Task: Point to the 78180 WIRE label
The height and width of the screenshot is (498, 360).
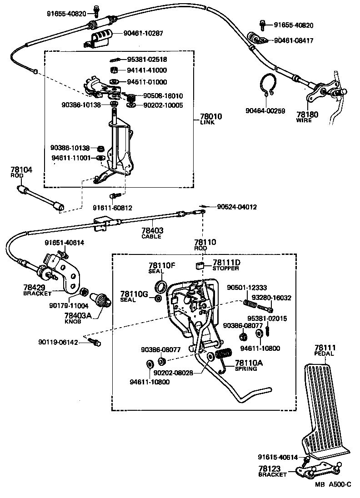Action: tap(307, 117)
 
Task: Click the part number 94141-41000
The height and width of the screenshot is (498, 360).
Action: tap(146, 70)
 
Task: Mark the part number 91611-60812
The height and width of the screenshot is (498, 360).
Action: tap(112, 208)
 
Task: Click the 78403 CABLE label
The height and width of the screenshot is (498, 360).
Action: tap(152, 233)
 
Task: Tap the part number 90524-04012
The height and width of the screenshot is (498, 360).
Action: tap(236, 207)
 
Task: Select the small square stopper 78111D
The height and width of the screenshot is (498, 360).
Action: tap(199, 266)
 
